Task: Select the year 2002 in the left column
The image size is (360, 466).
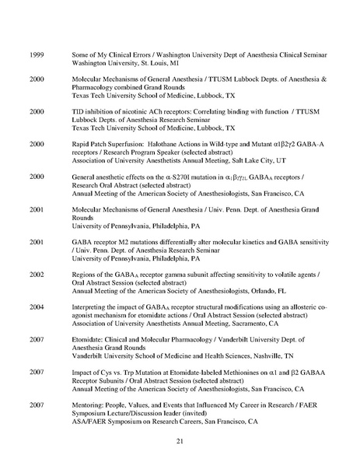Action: point(36,274)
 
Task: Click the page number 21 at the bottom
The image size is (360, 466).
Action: point(180,442)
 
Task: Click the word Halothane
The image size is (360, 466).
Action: point(166,144)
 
